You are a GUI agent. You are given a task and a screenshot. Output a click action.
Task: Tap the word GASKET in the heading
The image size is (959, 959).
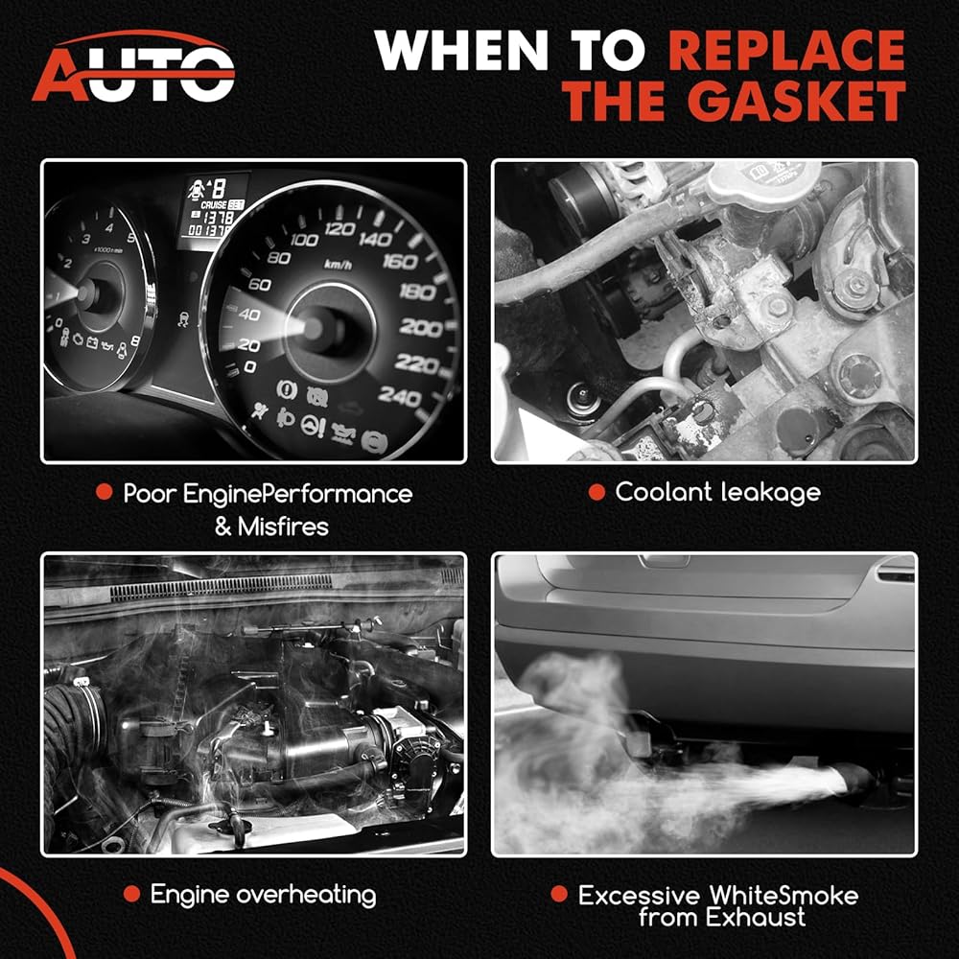pyautogui.click(x=797, y=101)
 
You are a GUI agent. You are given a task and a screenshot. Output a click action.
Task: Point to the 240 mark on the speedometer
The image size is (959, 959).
pyautogui.click(x=399, y=397)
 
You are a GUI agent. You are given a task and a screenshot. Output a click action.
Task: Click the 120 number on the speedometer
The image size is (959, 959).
pyautogui.click(x=339, y=229)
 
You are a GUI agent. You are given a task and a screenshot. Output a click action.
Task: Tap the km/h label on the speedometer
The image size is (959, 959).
pyautogui.click(x=338, y=265)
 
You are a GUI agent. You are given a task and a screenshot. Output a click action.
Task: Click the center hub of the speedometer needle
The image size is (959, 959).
pyautogui.click(x=314, y=328)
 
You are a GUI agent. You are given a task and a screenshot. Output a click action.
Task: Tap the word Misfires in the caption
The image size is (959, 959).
pyautogui.click(x=283, y=526)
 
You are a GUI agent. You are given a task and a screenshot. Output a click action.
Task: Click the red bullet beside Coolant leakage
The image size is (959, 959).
pyautogui.click(x=596, y=492)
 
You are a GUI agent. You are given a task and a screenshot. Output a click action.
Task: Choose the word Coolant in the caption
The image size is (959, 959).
pyautogui.click(x=664, y=492)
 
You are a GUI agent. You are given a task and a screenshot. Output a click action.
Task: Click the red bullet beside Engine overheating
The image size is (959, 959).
pyautogui.click(x=131, y=894)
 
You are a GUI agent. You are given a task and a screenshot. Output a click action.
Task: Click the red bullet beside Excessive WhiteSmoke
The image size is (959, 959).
pyautogui.click(x=559, y=894)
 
